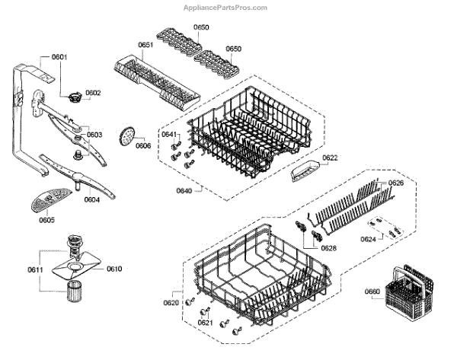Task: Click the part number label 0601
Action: tap(59, 58)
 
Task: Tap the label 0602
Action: tap(93, 93)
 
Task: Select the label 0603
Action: tap(94, 135)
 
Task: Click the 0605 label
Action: tap(46, 220)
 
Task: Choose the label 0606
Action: tap(143, 145)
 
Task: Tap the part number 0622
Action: tap(330, 158)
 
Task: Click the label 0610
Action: tap(114, 269)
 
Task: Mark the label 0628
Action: tap(328, 248)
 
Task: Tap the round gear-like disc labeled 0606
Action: tap(126, 138)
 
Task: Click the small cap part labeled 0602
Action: tap(75, 96)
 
